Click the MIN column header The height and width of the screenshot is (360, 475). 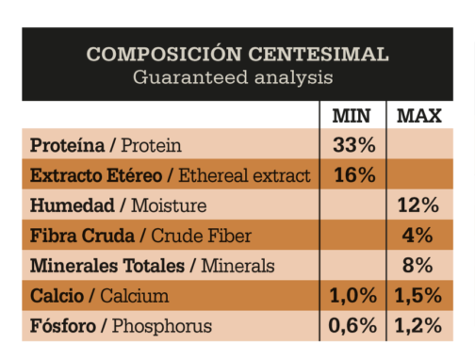pos(352,116)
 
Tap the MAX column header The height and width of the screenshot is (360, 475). pos(419,116)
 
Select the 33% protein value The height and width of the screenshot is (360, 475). pos(354,145)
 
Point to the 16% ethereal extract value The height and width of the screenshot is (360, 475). pos(354,175)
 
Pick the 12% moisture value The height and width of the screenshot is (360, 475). pos(418,205)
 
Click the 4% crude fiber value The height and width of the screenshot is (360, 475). pos(418,236)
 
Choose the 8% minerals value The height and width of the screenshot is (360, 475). pos(418,266)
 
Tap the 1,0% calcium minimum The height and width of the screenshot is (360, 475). pos(353,296)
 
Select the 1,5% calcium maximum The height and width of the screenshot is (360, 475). pos(418,296)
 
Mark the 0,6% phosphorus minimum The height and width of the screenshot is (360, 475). pos(352,326)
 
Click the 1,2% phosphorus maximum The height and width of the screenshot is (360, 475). pos(418,326)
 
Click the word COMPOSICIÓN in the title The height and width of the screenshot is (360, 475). pos(164,53)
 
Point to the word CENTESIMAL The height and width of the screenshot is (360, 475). pos(319,54)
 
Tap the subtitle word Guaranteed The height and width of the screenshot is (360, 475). pos(190,77)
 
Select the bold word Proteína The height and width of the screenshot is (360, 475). pos(67,145)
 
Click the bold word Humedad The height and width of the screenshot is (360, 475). pos(73,205)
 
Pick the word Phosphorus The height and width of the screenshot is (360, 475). pos(162,326)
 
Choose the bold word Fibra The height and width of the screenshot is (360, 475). pos(54,236)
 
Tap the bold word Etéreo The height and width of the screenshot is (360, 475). pos(134,175)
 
